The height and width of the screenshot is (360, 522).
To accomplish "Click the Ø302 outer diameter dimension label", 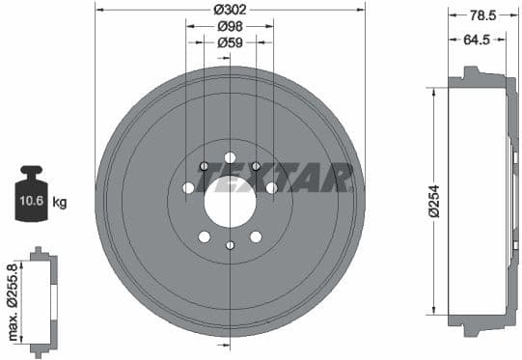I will pos(230,10).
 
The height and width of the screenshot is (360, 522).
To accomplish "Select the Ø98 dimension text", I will pos(230,26).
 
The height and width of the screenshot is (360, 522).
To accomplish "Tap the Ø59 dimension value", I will pos(230,42).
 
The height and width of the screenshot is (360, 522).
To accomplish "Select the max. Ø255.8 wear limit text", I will pos(13,302).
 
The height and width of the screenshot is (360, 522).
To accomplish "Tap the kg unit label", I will pos(60,203).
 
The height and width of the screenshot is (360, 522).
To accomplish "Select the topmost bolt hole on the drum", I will pos(230,157).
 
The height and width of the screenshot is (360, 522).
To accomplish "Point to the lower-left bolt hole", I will pos(204,236).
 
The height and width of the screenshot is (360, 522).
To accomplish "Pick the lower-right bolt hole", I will pos(256,236).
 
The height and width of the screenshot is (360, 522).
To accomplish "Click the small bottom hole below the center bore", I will pos(230,245).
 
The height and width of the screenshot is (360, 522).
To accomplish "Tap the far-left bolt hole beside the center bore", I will pos(188,186).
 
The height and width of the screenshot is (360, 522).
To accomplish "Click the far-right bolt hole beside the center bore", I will pos(271,186).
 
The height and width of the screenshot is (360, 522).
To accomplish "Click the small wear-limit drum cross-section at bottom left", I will pos(40,302).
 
